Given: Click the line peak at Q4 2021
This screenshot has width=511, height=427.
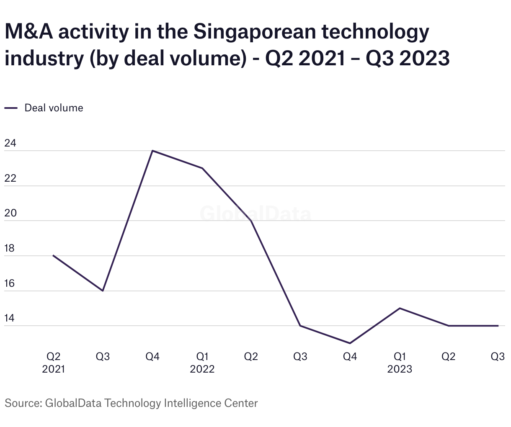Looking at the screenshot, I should (152, 151).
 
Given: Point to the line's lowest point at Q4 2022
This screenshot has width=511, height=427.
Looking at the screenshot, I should (350, 343).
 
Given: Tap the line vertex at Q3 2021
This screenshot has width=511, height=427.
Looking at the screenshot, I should (103, 291).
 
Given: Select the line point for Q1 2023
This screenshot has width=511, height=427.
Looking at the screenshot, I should (400, 308).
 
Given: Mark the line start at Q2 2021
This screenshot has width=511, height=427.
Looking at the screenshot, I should (54, 255).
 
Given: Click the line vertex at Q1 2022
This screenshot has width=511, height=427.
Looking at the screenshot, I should (202, 168).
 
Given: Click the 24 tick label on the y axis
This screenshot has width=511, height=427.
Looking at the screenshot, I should (10, 143).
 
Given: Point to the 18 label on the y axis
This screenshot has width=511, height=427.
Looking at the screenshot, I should (10, 248).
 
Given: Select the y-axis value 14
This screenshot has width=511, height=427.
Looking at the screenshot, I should (10, 318).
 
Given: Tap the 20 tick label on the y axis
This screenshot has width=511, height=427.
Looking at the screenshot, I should (10, 213).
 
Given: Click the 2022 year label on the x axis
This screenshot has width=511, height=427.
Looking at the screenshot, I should (202, 369).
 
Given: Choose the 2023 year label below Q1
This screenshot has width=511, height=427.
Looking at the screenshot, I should (400, 369).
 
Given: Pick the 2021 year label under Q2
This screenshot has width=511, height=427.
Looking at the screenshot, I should (54, 369).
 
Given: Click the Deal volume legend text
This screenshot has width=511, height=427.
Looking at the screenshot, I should (54, 108).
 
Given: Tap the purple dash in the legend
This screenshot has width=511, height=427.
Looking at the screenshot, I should (11, 108).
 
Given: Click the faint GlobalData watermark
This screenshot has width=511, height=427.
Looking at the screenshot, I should (255, 214).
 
